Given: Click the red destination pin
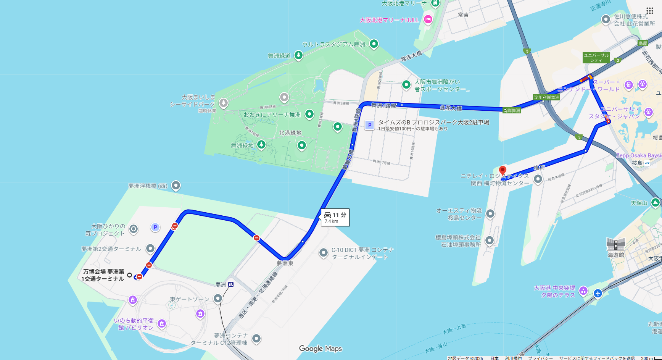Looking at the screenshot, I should point(503,171).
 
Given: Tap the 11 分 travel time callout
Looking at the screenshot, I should point(335,217).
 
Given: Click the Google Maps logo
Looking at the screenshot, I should point(320,349).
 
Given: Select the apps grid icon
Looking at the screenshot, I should point(649,11).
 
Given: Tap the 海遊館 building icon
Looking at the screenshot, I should point(615,244).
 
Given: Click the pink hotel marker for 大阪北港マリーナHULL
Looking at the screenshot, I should point(428,19).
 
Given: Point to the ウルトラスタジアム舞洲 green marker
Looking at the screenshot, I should point(374,44).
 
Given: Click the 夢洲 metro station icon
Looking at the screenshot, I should point(230,284).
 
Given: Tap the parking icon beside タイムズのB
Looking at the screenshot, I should point(369,125).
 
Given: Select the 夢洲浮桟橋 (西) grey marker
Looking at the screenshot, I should point(176,186).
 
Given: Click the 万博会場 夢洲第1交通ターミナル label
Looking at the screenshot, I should point(103,275).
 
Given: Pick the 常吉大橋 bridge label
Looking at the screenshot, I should point(411,56).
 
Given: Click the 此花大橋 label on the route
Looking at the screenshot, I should point(451,108).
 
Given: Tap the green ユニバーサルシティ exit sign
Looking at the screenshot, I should point(596,58).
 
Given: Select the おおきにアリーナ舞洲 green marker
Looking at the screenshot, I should point(309,114).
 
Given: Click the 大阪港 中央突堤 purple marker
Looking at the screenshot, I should point(583,291).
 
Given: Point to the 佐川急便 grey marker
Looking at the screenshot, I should point(606,19).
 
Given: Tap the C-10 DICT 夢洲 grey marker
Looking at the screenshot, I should point(323,252).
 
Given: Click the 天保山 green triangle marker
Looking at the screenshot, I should point(656,202).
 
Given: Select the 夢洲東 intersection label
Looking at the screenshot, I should point(285,263).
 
